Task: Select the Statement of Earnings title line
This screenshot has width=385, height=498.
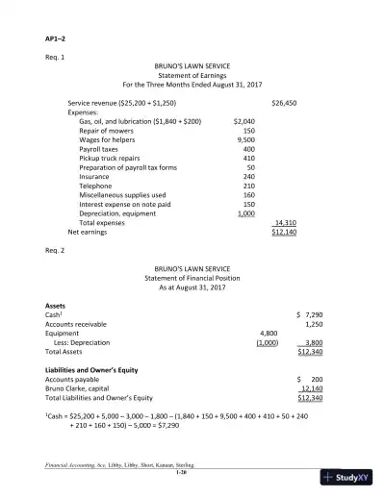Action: (193, 74)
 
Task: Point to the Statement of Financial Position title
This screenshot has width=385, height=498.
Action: (193, 277)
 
